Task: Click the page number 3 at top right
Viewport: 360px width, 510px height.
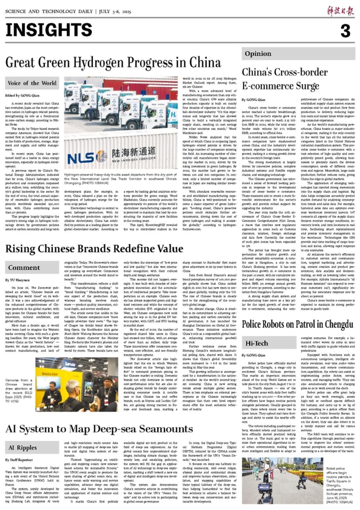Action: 345,31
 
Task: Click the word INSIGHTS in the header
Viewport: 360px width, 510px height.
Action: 49,30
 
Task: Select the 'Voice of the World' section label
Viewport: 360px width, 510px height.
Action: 32,83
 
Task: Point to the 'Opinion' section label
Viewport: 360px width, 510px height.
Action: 258,54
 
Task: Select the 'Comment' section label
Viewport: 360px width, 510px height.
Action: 24,268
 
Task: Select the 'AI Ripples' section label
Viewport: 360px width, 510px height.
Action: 22,448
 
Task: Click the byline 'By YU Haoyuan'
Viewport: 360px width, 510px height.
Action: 18,280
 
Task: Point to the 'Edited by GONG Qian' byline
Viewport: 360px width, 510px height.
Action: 22,96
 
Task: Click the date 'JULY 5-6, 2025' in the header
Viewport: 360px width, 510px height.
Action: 114,12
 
